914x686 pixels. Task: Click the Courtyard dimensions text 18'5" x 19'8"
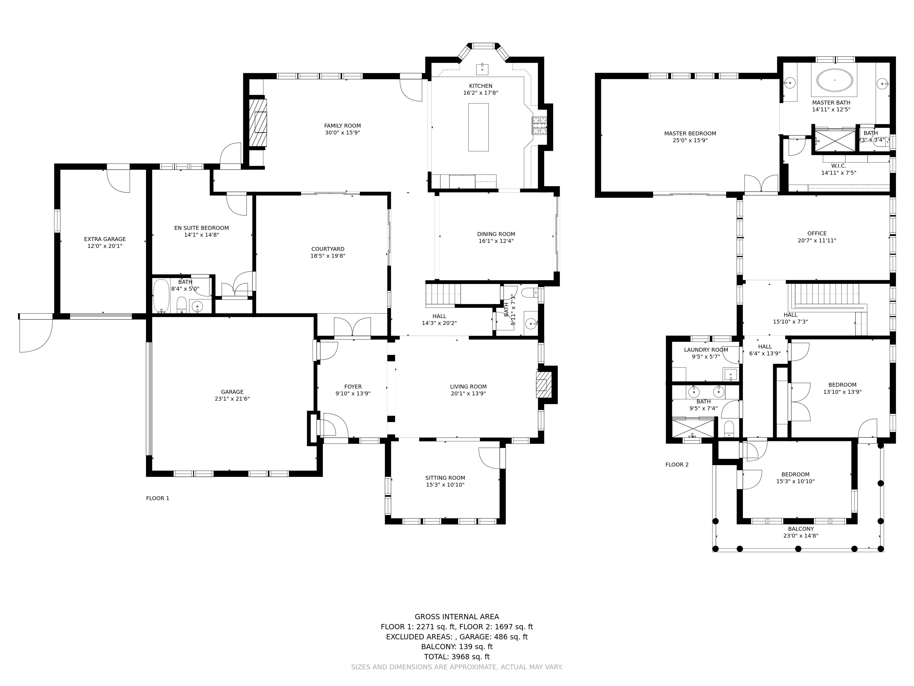pyautogui.click(x=328, y=256)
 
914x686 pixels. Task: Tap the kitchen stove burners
pyautogui.click(x=539, y=126)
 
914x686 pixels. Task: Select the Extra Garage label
pyautogui.click(x=105, y=239)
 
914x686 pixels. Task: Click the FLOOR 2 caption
pyautogui.click(x=677, y=464)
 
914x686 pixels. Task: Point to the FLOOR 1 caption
pyautogui.click(x=157, y=498)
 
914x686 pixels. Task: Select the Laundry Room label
pyautogui.click(x=706, y=350)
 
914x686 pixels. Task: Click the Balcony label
pyautogui.click(x=801, y=529)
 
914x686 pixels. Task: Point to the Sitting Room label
pyautogui.click(x=445, y=478)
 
